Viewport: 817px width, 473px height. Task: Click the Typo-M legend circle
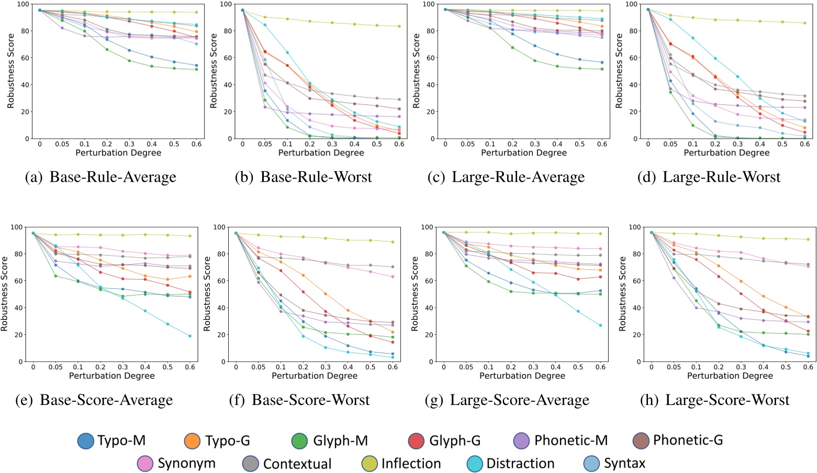pyautogui.click(x=86, y=441)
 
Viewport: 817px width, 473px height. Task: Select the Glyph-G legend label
pyautogui.click(x=454, y=441)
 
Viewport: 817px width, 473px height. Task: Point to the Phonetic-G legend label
pyautogui.click(x=688, y=441)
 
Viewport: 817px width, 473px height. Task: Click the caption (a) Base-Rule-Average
pyautogui.click(x=100, y=177)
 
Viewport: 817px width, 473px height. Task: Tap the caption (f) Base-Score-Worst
pyautogui.click(x=299, y=400)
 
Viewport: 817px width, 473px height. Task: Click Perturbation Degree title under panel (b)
pyautogui.click(x=321, y=153)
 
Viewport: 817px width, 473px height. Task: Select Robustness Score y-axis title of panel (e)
pyautogui.click(x=5, y=293)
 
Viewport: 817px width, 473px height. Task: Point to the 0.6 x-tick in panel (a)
pyautogui.click(x=196, y=144)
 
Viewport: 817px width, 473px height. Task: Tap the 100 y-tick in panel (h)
pyautogui.click(x=634, y=227)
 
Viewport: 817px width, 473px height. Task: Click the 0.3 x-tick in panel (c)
pyautogui.click(x=535, y=144)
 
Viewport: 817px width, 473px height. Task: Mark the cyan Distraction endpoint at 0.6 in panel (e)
pyautogui.click(x=189, y=336)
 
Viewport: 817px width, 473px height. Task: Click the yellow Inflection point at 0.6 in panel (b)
pyautogui.click(x=399, y=26)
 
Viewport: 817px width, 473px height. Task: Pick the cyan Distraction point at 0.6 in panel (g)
pyautogui.click(x=600, y=325)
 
